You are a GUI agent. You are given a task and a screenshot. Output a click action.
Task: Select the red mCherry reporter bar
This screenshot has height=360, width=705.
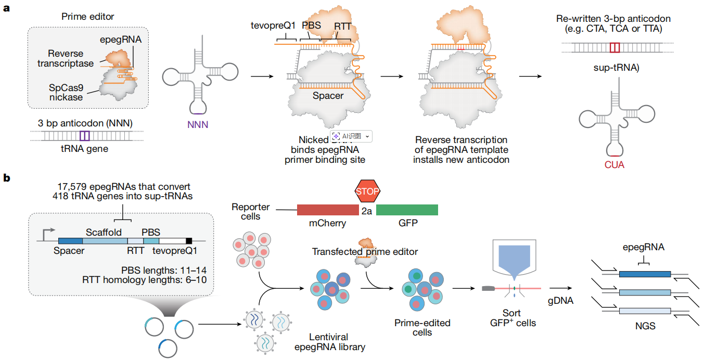[x=328, y=210]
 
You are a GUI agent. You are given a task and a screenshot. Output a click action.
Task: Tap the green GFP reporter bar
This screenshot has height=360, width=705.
[x=407, y=210]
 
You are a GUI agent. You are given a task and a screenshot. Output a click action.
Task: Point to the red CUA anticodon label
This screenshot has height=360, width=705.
[x=615, y=165]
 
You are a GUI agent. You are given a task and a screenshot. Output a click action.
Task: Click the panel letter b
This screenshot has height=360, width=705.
[x=7, y=178]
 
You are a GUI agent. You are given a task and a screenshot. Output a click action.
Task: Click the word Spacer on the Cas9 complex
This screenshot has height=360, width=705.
[x=328, y=96]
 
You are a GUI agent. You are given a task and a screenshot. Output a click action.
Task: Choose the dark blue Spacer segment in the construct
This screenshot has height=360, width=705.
[x=70, y=241]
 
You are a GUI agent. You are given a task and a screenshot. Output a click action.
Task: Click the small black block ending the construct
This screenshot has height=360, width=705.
[x=189, y=241]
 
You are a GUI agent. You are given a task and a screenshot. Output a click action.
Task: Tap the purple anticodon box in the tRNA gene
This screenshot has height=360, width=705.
[x=85, y=137]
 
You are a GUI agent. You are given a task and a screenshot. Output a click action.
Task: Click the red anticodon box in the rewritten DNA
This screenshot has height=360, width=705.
[x=615, y=48]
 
